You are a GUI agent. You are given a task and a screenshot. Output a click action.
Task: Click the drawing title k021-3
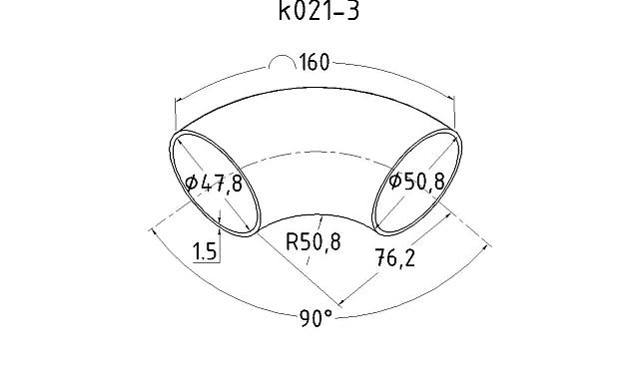pos(319,13)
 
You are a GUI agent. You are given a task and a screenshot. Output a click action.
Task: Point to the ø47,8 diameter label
pos(214,184)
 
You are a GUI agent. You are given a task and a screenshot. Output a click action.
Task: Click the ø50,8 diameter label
pos(417,182)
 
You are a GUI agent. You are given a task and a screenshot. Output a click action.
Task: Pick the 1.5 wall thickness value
pos(205,251)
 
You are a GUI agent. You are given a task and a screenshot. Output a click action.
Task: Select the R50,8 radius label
pos(313,241)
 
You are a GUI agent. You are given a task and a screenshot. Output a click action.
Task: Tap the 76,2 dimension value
pos(395,258)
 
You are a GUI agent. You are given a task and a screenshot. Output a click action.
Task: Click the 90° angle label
pos(316,319)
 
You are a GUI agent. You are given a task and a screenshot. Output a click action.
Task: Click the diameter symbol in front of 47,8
pos(192,184)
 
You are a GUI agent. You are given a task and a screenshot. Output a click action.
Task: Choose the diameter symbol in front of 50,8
pos(395,182)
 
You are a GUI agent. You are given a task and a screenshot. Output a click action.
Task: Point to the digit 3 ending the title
pos(352,13)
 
